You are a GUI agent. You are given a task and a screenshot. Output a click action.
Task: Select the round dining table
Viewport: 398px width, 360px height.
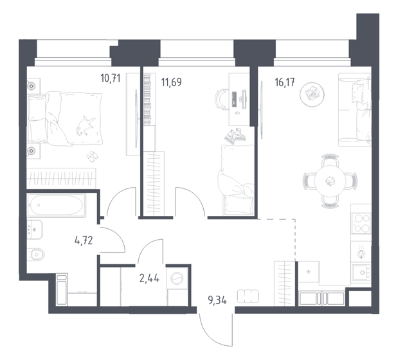(329, 181)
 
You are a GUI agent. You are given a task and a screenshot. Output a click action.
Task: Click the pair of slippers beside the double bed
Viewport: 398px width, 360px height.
(92, 156)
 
